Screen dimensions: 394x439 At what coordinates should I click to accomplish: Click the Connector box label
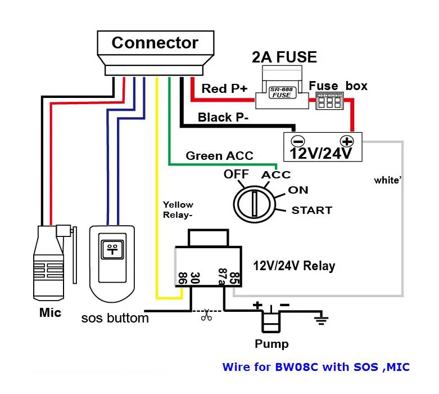pyautogui.click(x=155, y=43)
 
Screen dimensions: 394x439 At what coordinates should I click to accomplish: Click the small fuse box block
pyautogui.click(x=330, y=101)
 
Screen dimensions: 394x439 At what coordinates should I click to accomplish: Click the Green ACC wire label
pyautogui.click(x=219, y=156)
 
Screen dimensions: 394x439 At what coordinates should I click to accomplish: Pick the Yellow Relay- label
pyautogui.click(x=178, y=210)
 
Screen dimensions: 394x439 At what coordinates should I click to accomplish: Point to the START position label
pyautogui.click(x=311, y=211)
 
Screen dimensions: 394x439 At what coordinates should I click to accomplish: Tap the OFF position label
pyautogui.click(x=236, y=174)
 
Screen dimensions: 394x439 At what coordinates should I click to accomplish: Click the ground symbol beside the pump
pyautogui.click(x=321, y=321)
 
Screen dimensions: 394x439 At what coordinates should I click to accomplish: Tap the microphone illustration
pyautogui.click(x=49, y=262)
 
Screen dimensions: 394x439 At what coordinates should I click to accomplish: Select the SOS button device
pyautogui.click(x=112, y=265)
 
